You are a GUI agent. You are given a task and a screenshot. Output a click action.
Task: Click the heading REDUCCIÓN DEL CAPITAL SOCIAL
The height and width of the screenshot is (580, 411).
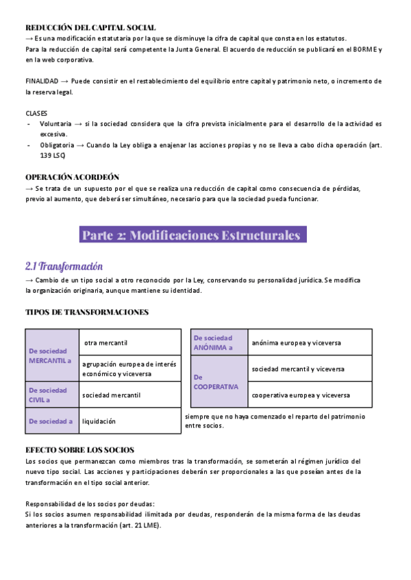(x=90, y=27)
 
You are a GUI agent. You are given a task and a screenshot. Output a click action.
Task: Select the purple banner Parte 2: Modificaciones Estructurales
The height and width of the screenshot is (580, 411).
(x=191, y=235)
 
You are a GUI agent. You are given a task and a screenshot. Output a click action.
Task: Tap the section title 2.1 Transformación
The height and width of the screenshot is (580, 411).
(x=64, y=265)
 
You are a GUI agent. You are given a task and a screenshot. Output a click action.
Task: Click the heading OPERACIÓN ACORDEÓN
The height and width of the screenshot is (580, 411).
(x=72, y=176)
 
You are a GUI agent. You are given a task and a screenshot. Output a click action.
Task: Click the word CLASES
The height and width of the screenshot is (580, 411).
(x=37, y=113)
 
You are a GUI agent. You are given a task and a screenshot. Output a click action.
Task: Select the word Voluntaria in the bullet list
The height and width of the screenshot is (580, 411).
(x=55, y=124)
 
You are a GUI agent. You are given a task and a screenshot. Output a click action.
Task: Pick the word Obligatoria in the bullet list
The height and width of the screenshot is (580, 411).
(x=57, y=145)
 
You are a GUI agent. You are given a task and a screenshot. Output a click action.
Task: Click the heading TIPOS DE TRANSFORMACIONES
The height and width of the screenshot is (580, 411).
(x=86, y=312)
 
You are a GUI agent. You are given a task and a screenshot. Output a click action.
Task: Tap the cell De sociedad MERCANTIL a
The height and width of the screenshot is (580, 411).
(x=52, y=355)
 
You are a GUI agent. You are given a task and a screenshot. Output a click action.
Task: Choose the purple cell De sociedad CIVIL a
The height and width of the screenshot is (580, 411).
(x=52, y=395)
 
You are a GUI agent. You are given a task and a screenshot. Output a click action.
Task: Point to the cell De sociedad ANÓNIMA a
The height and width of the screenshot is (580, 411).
(x=218, y=342)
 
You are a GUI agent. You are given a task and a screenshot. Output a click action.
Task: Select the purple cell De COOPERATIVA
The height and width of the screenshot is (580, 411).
(x=218, y=382)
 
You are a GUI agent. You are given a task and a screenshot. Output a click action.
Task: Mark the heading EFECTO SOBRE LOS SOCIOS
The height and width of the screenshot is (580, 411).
(x=79, y=450)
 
